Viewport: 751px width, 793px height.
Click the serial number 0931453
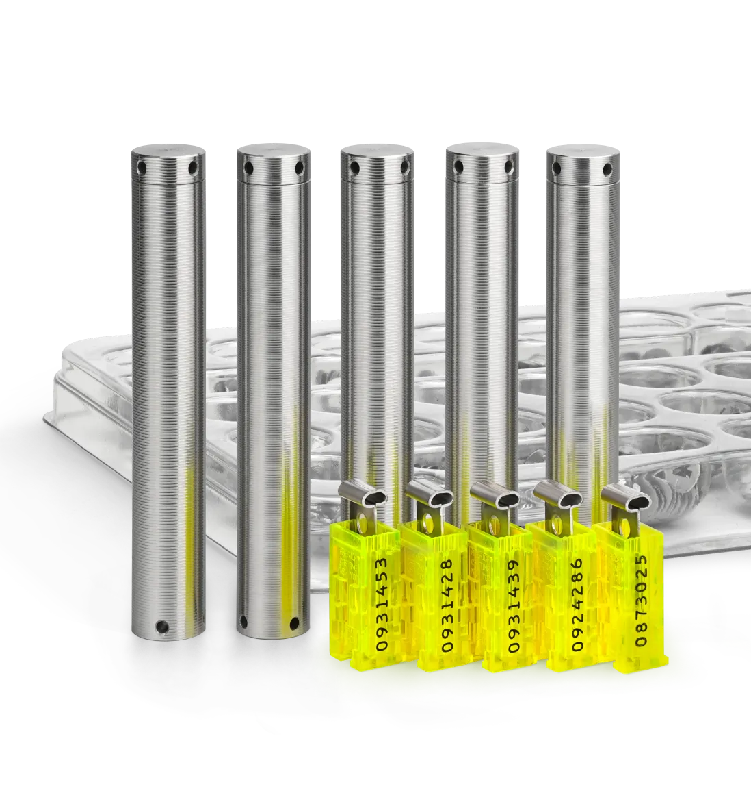[382, 604]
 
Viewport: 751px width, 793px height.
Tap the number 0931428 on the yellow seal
[447, 605]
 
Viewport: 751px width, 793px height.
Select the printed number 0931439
[512, 605]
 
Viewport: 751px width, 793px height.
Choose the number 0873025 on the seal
[641, 601]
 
